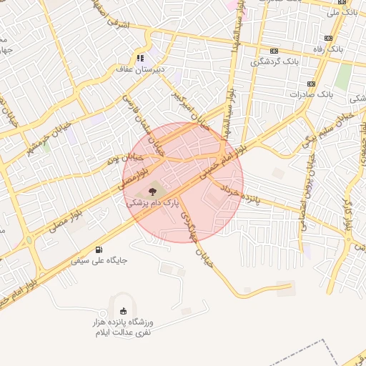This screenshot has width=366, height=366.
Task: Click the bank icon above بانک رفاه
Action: point(328,38)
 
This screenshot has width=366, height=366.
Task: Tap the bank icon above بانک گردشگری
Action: point(274,51)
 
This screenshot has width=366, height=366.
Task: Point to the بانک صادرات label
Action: point(312,94)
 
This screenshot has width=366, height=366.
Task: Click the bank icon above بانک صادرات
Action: point(311,82)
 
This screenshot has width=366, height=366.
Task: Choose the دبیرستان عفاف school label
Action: point(141,70)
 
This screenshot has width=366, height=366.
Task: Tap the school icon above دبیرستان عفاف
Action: point(141,58)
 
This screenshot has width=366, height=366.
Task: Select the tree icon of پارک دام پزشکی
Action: point(152,191)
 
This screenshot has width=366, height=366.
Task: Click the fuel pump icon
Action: point(98,249)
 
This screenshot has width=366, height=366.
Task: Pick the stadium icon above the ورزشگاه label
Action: point(124,310)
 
